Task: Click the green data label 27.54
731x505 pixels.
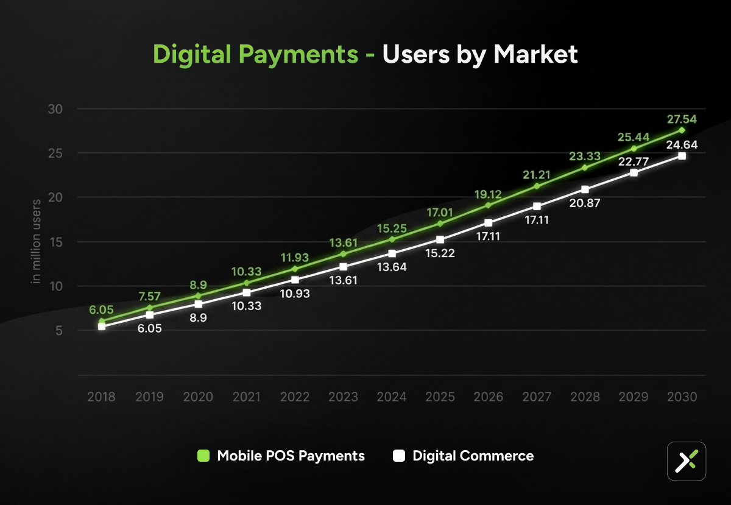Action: (681, 119)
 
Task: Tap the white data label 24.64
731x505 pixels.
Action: (681, 145)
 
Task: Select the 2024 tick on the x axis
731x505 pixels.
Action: (392, 397)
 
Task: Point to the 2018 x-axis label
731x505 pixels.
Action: (102, 397)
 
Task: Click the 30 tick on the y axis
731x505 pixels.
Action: (56, 109)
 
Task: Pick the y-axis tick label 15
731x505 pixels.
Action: (56, 242)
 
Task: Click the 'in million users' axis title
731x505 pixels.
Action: (37, 241)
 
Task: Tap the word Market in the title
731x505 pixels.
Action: (535, 54)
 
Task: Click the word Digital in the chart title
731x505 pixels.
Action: (194, 54)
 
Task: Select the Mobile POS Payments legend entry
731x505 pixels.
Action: (281, 456)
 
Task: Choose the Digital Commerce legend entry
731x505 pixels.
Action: (464, 456)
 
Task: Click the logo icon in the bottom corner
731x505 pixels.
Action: (687, 461)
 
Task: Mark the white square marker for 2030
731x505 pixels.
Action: (682, 156)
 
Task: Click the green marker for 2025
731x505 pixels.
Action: (440, 224)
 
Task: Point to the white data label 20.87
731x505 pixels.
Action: (585, 203)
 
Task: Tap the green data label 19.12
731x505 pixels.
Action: (488, 194)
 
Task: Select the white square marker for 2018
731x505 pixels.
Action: (102, 327)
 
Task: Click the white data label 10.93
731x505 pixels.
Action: (295, 293)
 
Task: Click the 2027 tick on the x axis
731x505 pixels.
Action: (537, 397)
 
